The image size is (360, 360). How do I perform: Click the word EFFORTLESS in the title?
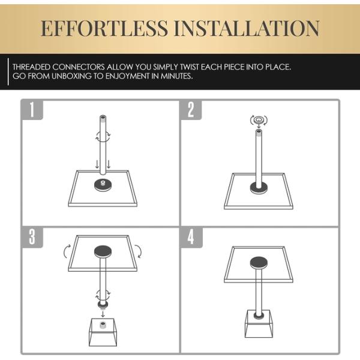click(x=104, y=28)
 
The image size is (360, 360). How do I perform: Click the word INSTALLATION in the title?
click(x=247, y=28)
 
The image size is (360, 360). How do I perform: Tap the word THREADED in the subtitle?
click(x=31, y=67)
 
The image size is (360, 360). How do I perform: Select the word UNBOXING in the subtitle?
click(x=71, y=76)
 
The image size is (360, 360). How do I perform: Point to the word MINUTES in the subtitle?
click(x=176, y=76)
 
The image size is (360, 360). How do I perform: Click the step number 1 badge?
click(x=32, y=110)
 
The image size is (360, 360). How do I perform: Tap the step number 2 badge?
click(x=191, y=110)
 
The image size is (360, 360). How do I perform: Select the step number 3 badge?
click(x=32, y=237)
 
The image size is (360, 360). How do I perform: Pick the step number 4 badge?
click(x=191, y=237)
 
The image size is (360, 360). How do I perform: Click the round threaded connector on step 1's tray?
click(x=103, y=185)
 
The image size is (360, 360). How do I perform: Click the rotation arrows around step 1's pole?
click(x=103, y=136)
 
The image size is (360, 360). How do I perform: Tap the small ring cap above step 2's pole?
click(x=259, y=120)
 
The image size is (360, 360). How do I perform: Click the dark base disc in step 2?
click(x=259, y=188)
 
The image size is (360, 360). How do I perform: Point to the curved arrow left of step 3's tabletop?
click(x=66, y=251)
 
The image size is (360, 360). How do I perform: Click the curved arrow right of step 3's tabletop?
click(x=139, y=251)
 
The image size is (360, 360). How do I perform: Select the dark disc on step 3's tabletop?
click(x=103, y=251)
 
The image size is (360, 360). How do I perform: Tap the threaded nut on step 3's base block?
click(x=103, y=325)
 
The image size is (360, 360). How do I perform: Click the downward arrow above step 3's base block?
click(x=103, y=314)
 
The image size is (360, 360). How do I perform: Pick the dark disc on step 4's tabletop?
click(x=259, y=263)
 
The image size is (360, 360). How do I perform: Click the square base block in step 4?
click(x=259, y=324)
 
